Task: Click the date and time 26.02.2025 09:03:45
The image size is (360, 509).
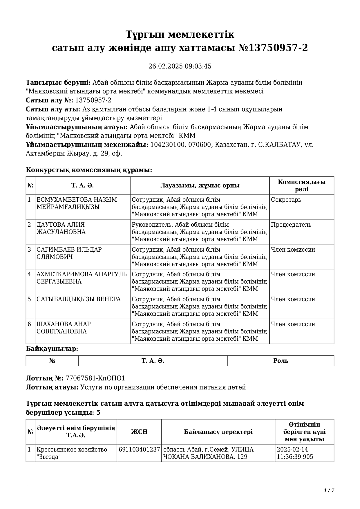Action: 180,66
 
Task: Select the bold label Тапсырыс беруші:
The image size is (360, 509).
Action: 58,83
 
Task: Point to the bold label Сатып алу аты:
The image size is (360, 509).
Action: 53,109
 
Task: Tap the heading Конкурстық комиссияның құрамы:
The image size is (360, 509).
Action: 89,170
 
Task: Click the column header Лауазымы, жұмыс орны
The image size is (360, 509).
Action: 200,186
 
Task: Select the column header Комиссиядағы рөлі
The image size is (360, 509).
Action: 301,186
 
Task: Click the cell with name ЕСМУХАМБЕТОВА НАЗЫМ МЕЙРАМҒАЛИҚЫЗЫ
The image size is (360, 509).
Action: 77,203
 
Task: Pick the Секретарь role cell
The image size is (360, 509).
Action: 286,200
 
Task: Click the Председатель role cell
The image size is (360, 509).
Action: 291,225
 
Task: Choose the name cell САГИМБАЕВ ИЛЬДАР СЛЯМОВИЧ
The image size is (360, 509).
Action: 69,253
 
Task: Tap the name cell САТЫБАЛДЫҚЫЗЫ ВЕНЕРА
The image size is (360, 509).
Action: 78,299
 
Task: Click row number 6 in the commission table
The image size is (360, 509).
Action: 29,324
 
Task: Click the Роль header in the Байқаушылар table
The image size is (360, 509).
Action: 281,361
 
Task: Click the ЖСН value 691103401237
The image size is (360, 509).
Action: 139,450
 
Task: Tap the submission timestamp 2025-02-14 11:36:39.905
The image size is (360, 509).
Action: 295,453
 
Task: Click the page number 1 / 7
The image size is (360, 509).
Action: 329,490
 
